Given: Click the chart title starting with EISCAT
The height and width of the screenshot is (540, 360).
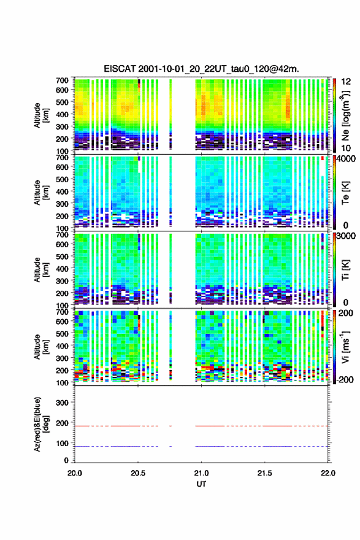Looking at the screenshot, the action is click(201, 69).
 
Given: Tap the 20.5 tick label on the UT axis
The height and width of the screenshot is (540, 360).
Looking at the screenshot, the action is click(138, 473).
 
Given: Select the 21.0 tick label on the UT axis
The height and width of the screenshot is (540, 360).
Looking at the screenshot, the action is click(201, 473).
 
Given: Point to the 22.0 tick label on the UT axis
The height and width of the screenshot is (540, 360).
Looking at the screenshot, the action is click(328, 473).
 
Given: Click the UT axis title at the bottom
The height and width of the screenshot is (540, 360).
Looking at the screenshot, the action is click(201, 484).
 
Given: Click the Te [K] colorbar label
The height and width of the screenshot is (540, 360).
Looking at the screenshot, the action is click(345, 193).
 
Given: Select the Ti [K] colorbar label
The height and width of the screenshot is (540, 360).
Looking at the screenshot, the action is click(345, 270).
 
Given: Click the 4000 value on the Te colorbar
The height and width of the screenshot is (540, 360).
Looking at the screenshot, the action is click(346, 159).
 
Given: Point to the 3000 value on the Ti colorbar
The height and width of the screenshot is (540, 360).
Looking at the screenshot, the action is click(346, 236).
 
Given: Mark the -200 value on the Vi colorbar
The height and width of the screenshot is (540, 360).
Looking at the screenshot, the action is click(345, 379).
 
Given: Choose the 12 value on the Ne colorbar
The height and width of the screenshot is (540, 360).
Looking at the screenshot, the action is click(346, 82).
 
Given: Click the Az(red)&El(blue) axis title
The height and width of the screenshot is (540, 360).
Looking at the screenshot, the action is click(41, 424).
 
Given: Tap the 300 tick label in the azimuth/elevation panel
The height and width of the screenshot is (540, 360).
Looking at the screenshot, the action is click(63, 403).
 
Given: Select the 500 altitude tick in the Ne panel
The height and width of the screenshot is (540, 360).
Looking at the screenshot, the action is click(63, 102).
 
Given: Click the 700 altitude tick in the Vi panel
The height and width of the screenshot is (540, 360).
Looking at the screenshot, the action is click(63, 312).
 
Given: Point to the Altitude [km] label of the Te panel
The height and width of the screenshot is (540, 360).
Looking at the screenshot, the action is click(41, 193).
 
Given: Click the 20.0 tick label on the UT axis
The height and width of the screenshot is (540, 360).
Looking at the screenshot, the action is click(75, 473).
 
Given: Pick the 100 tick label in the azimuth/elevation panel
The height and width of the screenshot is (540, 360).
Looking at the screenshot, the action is click(63, 443).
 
